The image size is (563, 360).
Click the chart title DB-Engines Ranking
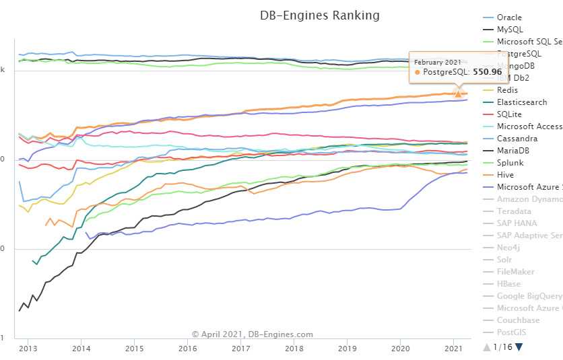[319, 15]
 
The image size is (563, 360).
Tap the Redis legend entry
[507, 90]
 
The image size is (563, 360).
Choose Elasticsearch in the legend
[522, 102]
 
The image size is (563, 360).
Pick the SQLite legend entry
[509, 114]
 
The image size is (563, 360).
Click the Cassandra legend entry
[518, 139]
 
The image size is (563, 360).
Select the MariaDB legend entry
[513, 151]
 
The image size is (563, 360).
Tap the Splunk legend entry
[510, 163]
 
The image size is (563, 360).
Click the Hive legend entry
[505, 175]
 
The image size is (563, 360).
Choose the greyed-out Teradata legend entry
[514, 211]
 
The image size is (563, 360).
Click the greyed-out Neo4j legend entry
[508, 248]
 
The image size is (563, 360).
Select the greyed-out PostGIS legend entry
[512, 332]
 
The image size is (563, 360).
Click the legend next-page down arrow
[519, 347]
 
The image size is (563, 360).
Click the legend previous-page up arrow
[487, 347]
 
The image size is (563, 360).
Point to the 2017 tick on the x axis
[240, 349]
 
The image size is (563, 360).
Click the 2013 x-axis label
[28, 349]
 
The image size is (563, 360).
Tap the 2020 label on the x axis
[400, 349]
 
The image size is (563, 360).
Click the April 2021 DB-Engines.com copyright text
[252, 334]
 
